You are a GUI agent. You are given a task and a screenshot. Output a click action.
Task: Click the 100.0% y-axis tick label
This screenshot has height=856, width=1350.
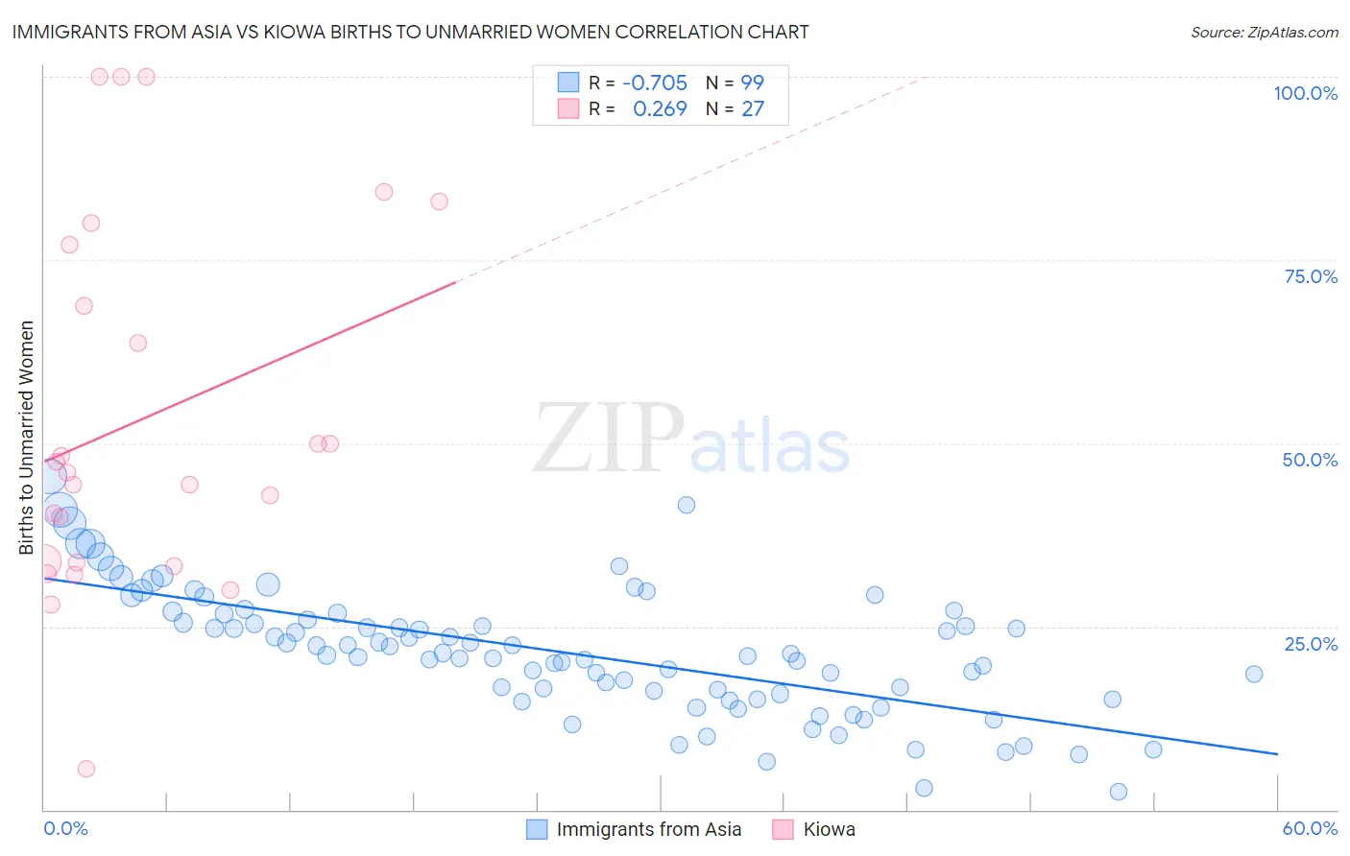[x=1305, y=93]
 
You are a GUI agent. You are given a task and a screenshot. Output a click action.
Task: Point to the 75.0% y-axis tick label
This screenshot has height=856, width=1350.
[x=1311, y=276]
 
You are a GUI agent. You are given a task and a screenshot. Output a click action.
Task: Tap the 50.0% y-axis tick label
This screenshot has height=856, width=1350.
[x=1310, y=460]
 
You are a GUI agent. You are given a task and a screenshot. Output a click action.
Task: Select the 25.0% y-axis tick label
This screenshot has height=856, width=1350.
[x=1311, y=644]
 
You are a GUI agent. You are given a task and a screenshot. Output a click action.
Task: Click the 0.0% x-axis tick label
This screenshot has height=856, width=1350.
[x=65, y=828]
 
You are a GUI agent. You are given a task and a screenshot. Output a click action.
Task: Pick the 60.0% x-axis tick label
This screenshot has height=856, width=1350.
[x=1310, y=828]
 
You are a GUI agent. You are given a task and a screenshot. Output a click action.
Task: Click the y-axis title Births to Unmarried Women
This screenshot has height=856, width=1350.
[x=26, y=438]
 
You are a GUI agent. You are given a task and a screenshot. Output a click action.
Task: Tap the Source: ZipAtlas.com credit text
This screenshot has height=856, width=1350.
[x=1264, y=33]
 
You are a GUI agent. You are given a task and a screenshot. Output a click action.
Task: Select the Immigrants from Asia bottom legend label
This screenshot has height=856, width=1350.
[x=648, y=829]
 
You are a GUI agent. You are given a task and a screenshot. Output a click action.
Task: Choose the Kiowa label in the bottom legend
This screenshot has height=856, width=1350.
[x=829, y=829]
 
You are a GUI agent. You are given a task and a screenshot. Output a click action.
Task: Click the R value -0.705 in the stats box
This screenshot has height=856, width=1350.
[x=655, y=83]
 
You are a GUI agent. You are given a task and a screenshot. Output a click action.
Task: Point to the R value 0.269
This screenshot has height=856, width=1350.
[x=660, y=109]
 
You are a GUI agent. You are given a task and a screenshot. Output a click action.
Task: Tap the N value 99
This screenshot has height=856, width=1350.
[x=752, y=83]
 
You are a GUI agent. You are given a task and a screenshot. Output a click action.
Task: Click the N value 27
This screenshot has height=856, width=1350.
[x=752, y=109]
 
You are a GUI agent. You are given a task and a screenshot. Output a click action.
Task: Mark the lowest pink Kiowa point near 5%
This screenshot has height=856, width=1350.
[x=86, y=769]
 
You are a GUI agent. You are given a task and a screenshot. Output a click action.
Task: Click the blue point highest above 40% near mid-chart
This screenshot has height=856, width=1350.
[x=686, y=505]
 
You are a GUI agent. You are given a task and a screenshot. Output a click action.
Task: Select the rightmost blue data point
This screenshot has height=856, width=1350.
[x=1253, y=674]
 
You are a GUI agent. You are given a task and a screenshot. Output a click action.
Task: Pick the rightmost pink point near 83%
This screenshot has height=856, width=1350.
[x=439, y=202]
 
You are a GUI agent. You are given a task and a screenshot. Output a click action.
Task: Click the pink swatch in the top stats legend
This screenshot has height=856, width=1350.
[x=568, y=108]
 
